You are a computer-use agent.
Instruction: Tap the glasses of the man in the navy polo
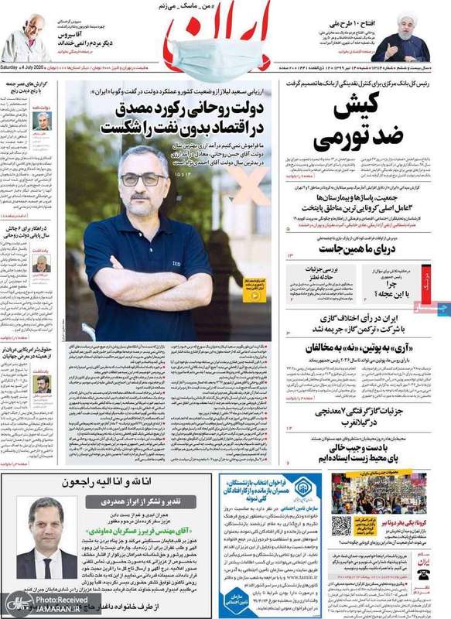[144, 179]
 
